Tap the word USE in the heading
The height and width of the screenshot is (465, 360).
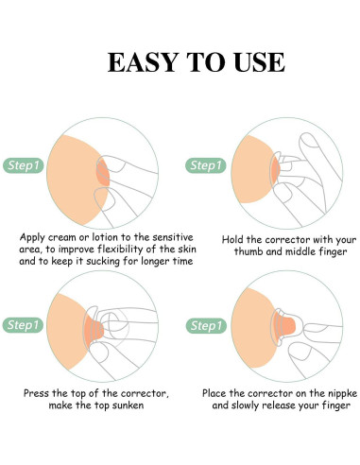[259, 62]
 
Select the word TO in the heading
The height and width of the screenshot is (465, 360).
[206, 62]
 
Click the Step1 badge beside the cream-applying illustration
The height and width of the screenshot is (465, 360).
[24, 165]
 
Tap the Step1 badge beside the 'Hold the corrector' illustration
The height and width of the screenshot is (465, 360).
[206, 165]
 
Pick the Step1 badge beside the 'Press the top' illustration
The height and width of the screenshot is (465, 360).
[23, 325]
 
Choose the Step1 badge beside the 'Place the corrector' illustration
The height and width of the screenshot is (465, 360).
[206, 326]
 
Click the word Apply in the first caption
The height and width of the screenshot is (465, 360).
[32, 237]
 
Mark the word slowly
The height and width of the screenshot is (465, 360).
[245, 405]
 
